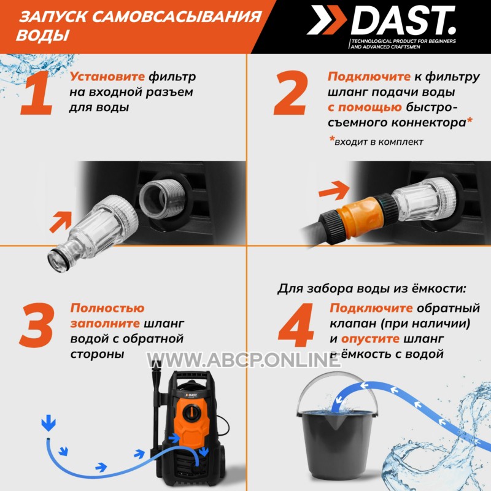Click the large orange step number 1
click(37, 93)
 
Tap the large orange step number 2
click(290, 93)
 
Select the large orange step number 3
click(37, 325)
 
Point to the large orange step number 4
click(296, 325)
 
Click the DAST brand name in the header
click(403, 20)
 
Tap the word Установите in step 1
click(107, 76)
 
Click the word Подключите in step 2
click(369, 76)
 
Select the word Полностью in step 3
click(107, 308)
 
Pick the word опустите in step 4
click(370, 339)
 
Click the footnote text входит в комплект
click(379, 142)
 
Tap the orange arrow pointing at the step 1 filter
click(61, 222)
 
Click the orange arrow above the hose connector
click(334, 190)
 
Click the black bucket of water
click(336, 435)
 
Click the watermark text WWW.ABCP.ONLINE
click(244, 360)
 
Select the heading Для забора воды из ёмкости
click(372, 288)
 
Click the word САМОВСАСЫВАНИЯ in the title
click(176, 17)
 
